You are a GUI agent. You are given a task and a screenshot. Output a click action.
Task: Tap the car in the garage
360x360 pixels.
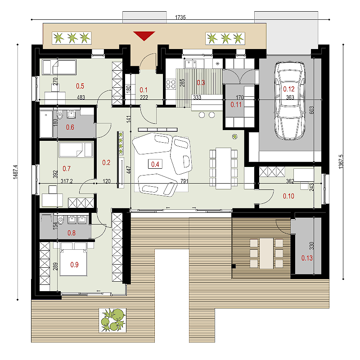[x=290, y=100]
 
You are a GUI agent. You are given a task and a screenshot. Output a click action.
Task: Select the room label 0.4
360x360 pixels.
[x=155, y=164]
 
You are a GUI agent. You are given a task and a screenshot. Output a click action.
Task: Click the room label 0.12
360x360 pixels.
[x=288, y=89]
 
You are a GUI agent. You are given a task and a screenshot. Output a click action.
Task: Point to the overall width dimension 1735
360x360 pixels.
[x=180, y=18]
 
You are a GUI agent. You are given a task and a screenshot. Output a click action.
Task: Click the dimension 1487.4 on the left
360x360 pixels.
[x=15, y=172]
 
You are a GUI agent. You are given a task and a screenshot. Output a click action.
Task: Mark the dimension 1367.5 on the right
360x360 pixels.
[x=341, y=162]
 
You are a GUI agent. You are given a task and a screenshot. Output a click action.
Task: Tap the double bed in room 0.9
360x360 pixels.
[x=73, y=259]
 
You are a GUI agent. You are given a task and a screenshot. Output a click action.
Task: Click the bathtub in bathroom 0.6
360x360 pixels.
[x=46, y=124]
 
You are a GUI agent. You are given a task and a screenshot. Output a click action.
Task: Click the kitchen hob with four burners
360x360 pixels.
[x=171, y=84]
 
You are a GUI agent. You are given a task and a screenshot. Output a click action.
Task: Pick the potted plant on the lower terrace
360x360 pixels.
[x=112, y=320]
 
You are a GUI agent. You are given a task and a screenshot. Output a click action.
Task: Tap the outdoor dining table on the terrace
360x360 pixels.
[x=266, y=253]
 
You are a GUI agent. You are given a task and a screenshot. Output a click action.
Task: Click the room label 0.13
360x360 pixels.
[x=307, y=258]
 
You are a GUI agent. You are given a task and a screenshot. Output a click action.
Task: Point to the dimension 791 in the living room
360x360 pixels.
[x=184, y=181]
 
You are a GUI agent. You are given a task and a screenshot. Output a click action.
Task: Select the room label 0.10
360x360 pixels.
[x=288, y=196]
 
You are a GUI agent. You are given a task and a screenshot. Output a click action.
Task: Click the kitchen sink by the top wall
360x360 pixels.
[x=190, y=63]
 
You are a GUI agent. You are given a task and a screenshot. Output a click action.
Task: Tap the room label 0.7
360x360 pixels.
[x=67, y=169]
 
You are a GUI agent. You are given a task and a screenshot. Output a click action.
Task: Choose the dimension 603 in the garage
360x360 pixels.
[x=311, y=110]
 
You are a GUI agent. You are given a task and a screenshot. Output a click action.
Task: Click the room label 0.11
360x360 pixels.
[x=236, y=105]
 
